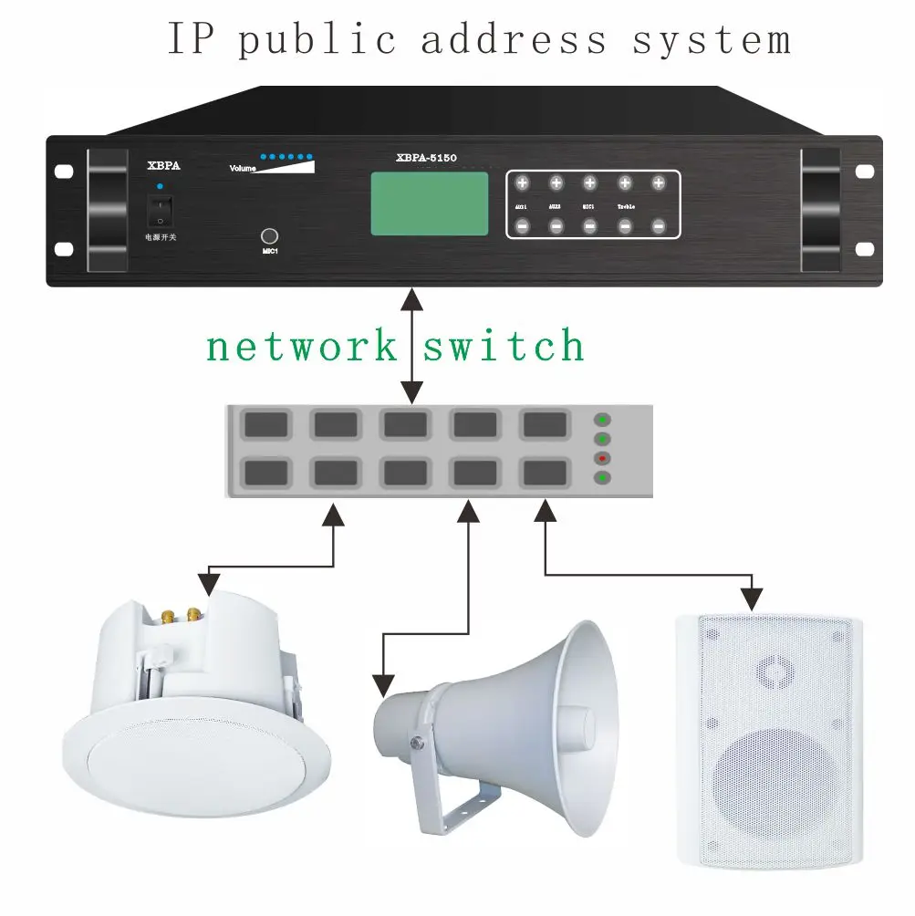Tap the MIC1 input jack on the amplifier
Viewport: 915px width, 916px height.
[x=269, y=234]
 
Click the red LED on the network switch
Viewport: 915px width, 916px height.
[x=601, y=458]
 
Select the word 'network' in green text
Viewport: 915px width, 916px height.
[x=302, y=347]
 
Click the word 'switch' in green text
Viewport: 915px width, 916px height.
[x=504, y=347]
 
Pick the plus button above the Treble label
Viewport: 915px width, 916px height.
[x=625, y=183]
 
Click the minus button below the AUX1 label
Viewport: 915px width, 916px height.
[x=523, y=225]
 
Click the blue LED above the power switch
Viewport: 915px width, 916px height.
[x=160, y=187]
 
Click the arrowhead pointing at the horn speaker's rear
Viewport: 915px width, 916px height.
[x=384, y=684]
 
